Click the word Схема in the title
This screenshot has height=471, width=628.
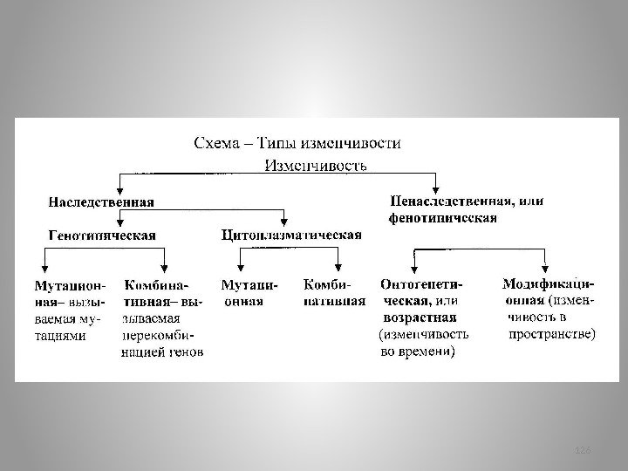214,143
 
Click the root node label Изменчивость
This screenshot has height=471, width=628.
315,164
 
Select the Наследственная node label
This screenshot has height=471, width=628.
100,201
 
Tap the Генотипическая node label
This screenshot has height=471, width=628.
102,235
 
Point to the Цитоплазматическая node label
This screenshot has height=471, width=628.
292,235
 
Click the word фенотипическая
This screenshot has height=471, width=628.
443,217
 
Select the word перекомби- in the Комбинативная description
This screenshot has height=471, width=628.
159,335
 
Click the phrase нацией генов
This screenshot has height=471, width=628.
163,352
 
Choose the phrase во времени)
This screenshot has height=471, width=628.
418,352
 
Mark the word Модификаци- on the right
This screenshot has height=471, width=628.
549,283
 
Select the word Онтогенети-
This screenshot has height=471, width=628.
422,283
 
